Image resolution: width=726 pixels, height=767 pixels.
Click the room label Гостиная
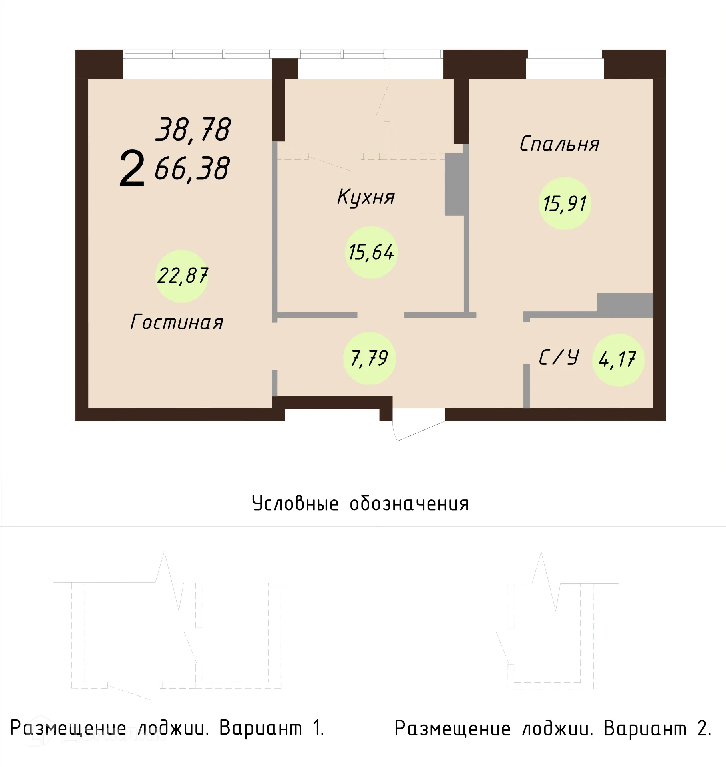pyautogui.click(x=177, y=322)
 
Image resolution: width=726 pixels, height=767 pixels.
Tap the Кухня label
pyautogui.click(x=366, y=197)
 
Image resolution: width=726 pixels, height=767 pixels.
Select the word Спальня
pyautogui.click(x=559, y=144)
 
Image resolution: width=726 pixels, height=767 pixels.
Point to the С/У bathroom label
pyautogui.click(x=559, y=358)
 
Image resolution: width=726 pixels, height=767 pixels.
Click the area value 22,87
pyautogui.click(x=182, y=276)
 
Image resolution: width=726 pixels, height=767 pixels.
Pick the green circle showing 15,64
pyautogui.click(x=371, y=252)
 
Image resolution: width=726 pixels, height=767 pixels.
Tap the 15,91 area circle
pyautogui.click(x=565, y=203)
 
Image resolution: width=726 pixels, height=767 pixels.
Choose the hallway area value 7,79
pyautogui.click(x=369, y=358)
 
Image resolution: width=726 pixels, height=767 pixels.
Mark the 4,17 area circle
pyautogui.click(x=618, y=360)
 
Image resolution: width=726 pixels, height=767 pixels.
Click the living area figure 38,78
pyautogui.click(x=193, y=129)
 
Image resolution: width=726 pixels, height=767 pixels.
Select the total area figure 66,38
pyautogui.click(x=192, y=168)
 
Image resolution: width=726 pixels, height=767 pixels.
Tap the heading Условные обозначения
pyautogui.click(x=360, y=503)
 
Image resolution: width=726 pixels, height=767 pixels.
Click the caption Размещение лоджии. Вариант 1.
pyautogui.click(x=167, y=728)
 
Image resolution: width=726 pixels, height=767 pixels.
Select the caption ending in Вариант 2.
pyautogui.click(x=553, y=728)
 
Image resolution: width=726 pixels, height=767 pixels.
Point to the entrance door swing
pyautogui.click(x=418, y=428)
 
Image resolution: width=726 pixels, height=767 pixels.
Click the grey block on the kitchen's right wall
pyautogui.click(x=454, y=185)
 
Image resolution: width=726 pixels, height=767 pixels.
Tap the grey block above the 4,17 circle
pyautogui.click(x=625, y=305)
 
